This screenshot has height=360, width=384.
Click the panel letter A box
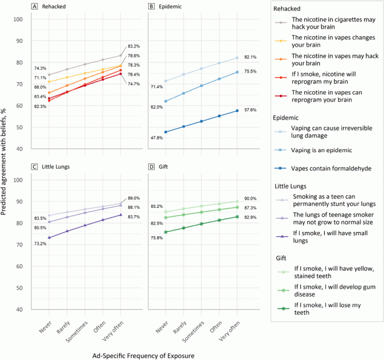point(35,7)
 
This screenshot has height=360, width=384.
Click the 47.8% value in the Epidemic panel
point(156,138)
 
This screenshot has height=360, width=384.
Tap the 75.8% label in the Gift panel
point(156,238)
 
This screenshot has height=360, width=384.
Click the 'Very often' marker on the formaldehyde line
point(236,111)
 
